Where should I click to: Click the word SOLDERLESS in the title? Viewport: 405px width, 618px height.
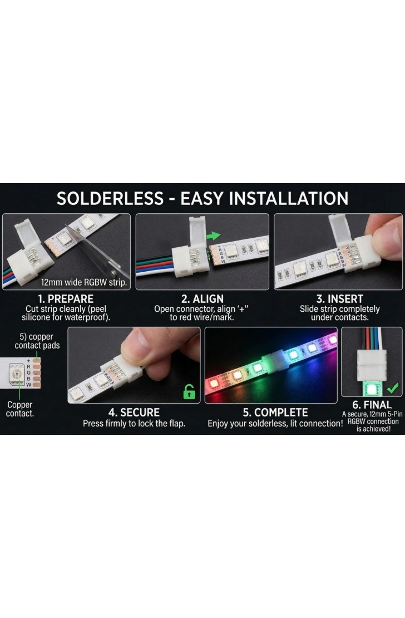pos(110,198)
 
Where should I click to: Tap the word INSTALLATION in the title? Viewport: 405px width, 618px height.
pos(289,198)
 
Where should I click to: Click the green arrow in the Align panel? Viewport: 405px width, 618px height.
pos(213,236)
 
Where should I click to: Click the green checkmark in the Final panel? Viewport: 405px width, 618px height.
pos(393,388)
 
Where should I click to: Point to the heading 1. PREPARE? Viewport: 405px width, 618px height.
pos(66,299)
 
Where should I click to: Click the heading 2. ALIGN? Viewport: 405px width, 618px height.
pos(202,299)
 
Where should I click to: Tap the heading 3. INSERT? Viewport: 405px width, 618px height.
pos(339,299)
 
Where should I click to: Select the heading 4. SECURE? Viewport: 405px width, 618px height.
pos(134,412)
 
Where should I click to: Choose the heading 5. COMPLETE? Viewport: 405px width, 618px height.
pos(275,412)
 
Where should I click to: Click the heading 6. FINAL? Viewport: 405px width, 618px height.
pos(372,405)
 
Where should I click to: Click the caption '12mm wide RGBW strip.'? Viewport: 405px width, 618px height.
pos(84,282)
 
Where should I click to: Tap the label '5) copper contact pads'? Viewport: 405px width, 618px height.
pos(37,341)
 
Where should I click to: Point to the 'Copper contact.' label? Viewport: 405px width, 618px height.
pos(19,409)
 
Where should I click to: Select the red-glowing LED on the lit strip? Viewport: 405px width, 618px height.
pos(214,382)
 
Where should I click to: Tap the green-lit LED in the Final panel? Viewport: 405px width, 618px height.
pos(371,389)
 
